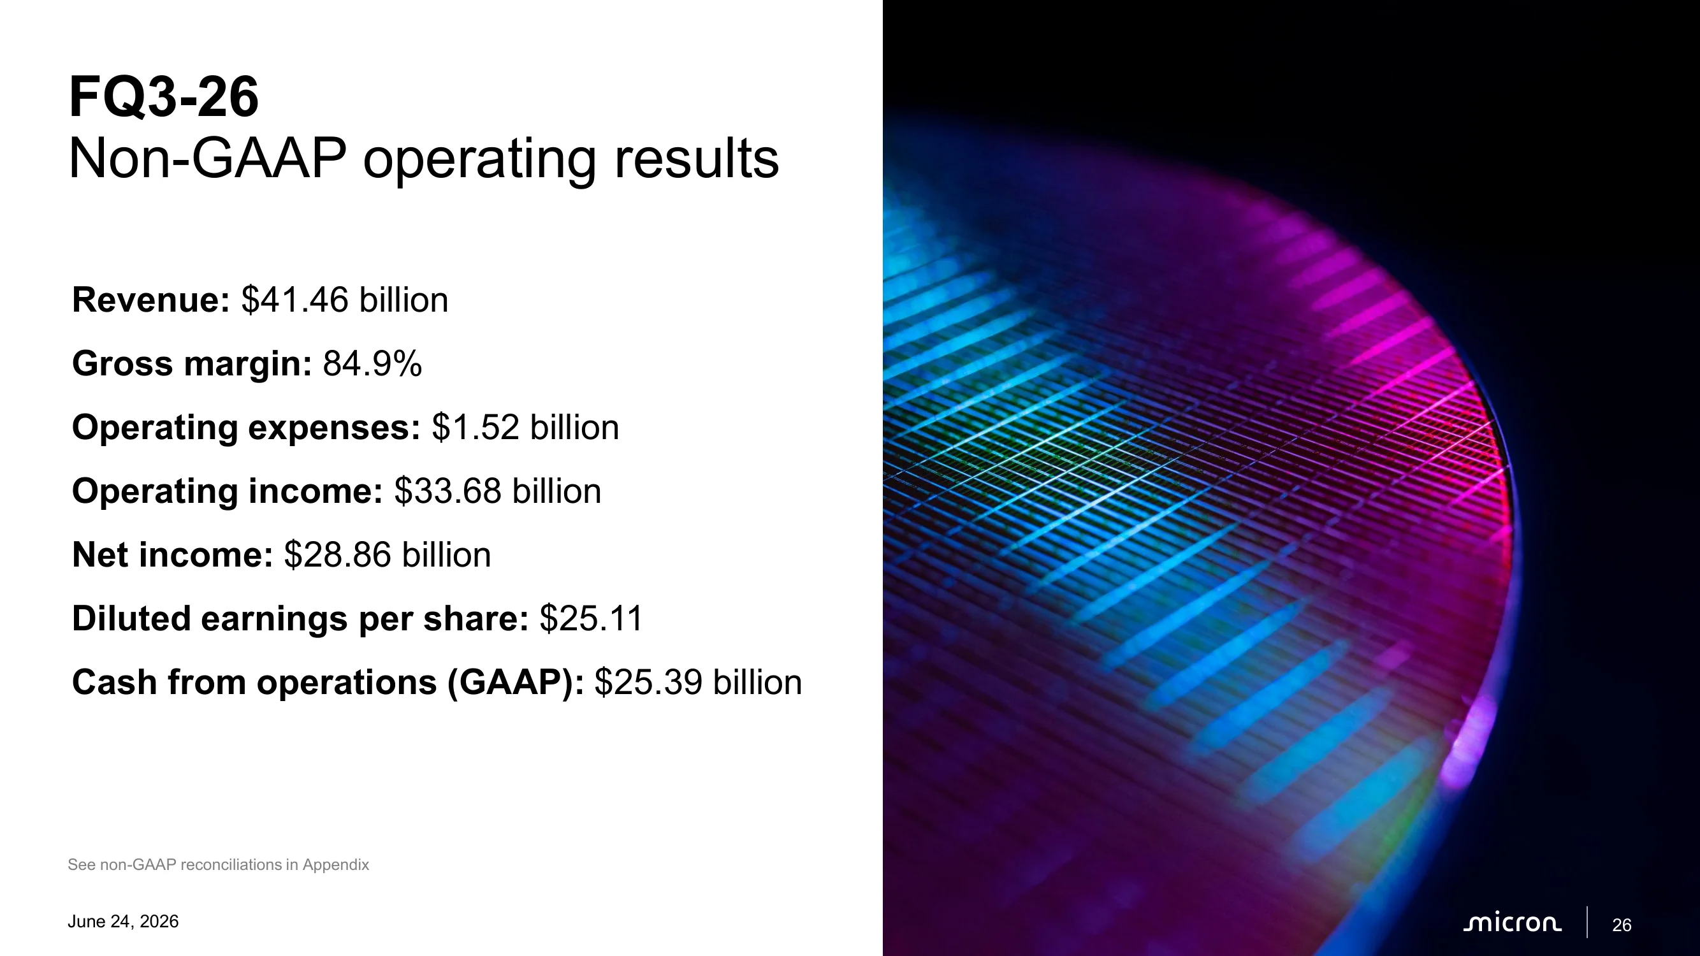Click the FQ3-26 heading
point(164,97)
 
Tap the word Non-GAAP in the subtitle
point(207,158)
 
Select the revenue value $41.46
point(295,300)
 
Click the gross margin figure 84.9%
point(372,363)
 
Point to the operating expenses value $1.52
point(476,427)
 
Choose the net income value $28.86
point(338,555)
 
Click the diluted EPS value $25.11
point(592,618)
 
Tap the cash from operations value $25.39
point(649,682)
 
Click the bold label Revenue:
point(150,300)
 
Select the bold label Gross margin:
point(191,363)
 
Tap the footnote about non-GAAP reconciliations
point(219,864)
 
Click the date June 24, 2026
point(124,922)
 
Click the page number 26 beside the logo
point(1622,925)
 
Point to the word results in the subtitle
point(697,158)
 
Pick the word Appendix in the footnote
point(336,865)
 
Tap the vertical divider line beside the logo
point(1587,922)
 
